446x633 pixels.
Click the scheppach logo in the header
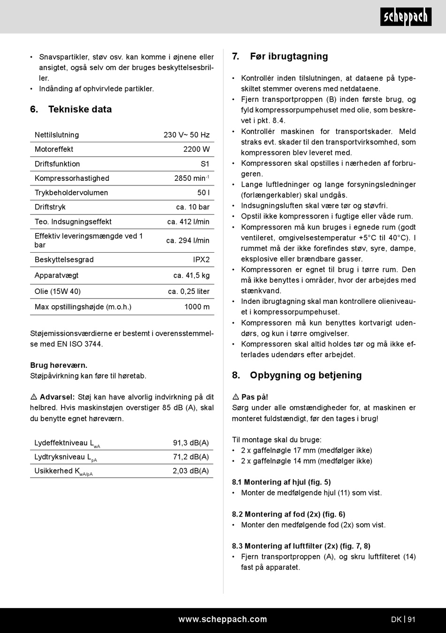[x=406, y=17]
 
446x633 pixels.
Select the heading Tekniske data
[x=80, y=109]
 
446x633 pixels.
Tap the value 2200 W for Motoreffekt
[x=196, y=149]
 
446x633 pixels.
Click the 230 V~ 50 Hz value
[x=186, y=135]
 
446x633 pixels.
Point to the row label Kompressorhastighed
[x=72, y=178]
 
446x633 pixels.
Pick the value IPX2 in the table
[x=201, y=260]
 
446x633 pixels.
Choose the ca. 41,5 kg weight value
[x=191, y=276]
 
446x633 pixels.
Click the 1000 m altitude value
[x=197, y=307]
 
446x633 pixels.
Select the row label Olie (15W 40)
[x=58, y=292]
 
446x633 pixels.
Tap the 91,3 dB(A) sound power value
[x=191, y=443]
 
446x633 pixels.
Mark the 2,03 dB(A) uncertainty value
[x=191, y=471]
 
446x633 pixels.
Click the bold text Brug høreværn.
[x=59, y=365]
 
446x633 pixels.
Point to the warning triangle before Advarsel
[x=34, y=397]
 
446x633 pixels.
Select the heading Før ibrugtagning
[x=289, y=56]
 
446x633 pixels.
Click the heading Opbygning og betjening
[x=306, y=375]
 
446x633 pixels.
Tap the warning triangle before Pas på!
[x=236, y=397]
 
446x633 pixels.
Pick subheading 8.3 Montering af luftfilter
[x=301, y=546]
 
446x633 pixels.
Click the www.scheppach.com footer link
[x=223, y=619]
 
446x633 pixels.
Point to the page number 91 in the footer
[x=411, y=619]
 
